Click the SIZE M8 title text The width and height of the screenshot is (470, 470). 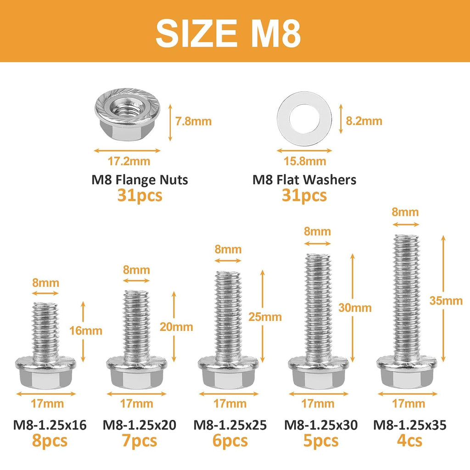point(228,33)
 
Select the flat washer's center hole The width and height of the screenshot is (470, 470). point(304,119)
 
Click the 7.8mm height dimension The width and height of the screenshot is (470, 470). point(193,121)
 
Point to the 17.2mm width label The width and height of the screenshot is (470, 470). point(129,161)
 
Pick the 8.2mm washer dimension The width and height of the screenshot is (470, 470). point(364,121)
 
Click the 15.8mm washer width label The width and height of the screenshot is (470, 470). point(305,161)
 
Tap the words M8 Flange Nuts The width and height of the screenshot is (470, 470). point(140,180)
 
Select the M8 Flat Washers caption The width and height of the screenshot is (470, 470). point(304,180)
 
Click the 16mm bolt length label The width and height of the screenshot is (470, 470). point(86,330)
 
